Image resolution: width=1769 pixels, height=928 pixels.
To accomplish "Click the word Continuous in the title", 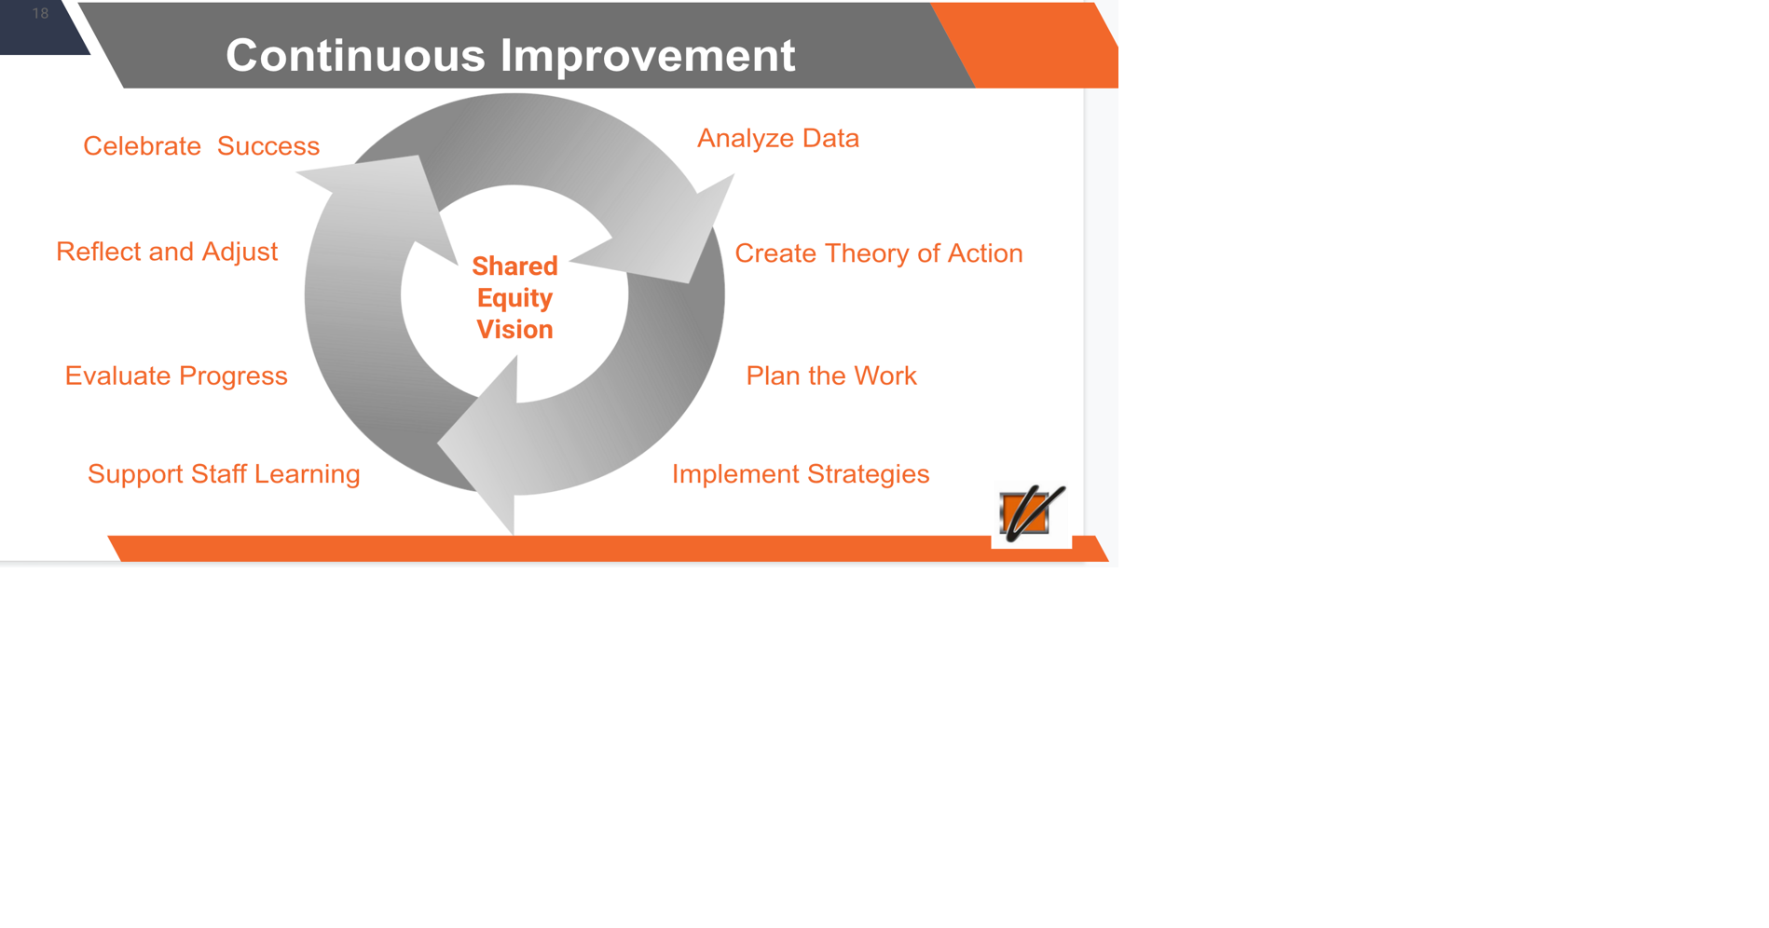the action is coord(355,55).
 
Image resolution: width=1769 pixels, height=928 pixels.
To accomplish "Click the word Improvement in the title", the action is coord(648,55).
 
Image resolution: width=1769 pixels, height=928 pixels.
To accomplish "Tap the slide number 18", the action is coord(40,13).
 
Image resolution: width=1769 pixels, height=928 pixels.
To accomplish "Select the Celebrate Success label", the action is coord(201,146).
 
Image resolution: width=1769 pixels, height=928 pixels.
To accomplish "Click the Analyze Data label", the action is coord(778,139).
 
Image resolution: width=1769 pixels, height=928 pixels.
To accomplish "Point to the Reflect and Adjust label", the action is coord(167,252).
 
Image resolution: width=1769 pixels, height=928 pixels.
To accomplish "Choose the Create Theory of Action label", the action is coord(879,253).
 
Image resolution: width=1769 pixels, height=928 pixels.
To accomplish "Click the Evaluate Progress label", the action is coord(176,375).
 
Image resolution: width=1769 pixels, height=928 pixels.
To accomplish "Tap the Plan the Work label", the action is coord(831,375).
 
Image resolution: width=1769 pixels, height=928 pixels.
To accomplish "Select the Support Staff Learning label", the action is coord(224,474).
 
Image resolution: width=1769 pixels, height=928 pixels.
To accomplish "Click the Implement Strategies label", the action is coord(801,474).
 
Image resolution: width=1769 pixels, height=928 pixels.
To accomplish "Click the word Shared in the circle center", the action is coord(514,266).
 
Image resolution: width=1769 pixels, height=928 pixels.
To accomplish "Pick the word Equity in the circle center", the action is coord(514,298).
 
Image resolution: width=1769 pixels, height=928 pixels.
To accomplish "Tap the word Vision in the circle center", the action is coord(514,330).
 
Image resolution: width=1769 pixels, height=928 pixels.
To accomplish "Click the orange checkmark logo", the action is coord(1032,512).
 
